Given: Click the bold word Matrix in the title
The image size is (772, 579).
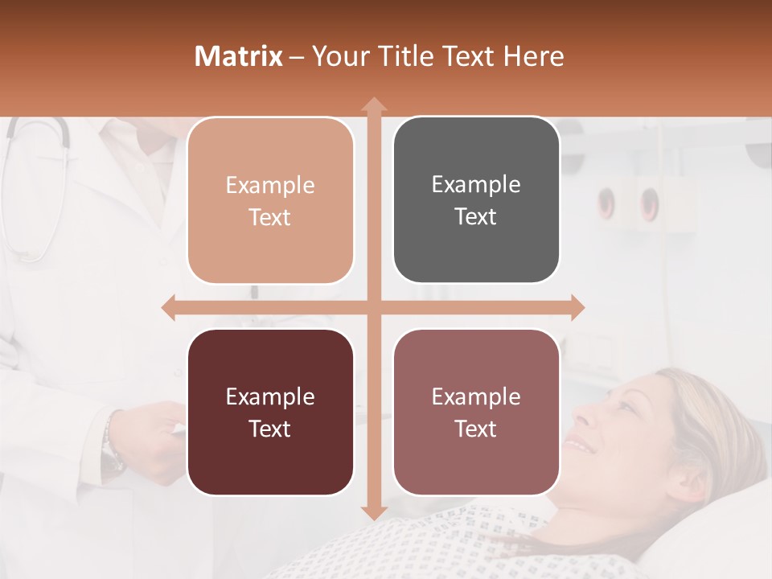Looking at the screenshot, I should point(239,56).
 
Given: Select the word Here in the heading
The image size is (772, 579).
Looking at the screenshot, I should point(533,56).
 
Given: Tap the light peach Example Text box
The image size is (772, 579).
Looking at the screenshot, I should point(270,200).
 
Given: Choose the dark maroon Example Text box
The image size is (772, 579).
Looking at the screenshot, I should point(270,412).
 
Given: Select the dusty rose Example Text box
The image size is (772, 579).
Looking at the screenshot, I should point(476,412).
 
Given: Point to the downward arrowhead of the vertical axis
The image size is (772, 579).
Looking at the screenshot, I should point(373,512).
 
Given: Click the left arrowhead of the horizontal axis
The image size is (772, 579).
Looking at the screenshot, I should point(168,307).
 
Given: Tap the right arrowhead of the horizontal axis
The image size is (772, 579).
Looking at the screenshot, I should point(578,307).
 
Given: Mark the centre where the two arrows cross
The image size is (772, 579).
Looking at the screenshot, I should point(373,307).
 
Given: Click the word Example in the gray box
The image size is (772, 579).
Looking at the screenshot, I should point(476,184).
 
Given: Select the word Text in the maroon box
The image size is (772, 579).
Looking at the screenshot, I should point(270,429).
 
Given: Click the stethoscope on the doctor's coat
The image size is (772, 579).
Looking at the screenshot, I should point(40,185).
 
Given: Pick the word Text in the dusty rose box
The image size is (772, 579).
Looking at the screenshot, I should point(476,429).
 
